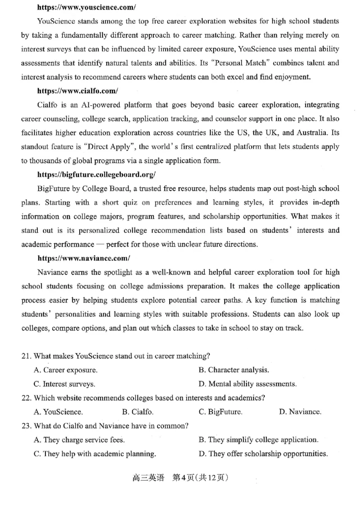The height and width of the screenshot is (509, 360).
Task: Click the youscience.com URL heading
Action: (86, 8)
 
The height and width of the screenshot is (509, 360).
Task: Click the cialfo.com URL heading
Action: (77, 91)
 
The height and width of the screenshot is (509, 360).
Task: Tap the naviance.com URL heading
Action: (84, 258)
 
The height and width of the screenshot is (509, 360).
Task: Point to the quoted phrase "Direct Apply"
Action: (103, 147)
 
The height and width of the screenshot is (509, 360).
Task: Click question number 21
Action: (26, 356)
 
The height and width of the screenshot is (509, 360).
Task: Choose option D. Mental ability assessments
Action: (247, 384)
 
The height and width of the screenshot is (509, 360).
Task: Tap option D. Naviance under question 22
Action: (300, 412)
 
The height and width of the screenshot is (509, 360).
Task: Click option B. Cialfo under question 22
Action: (137, 412)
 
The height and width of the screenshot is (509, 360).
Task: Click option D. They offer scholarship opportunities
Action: (263, 454)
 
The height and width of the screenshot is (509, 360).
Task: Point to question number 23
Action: (26, 426)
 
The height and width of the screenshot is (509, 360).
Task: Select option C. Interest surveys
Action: (64, 384)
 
